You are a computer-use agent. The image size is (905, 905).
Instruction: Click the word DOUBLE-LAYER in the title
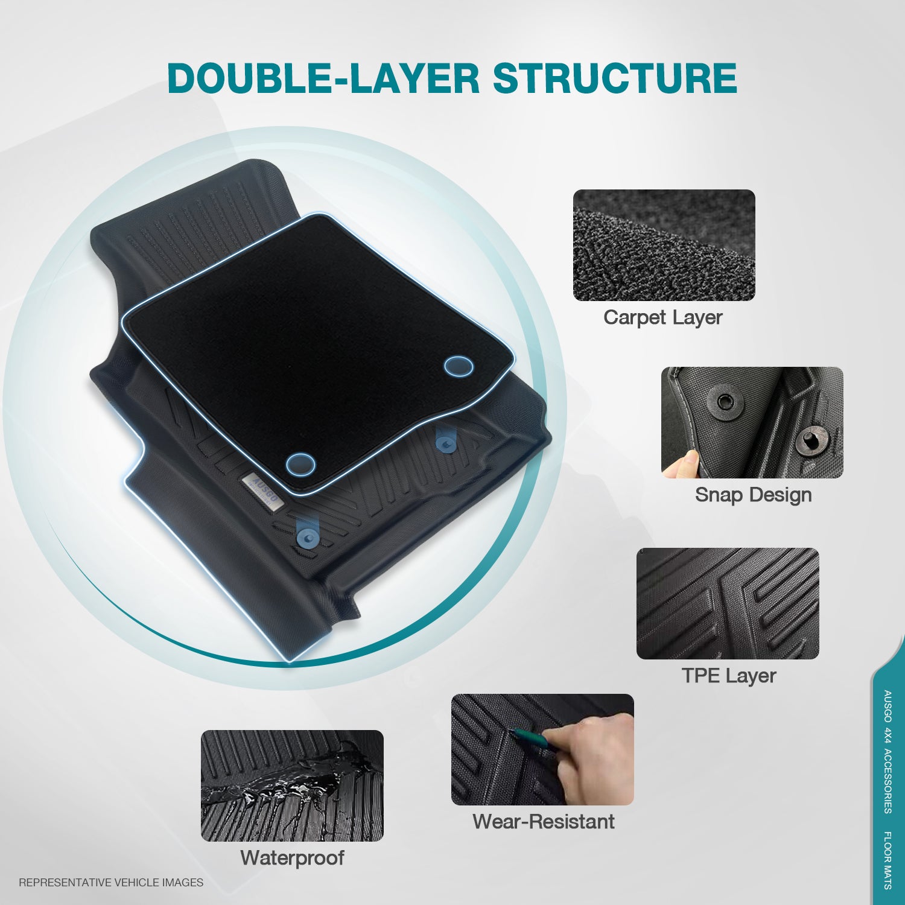(x=323, y=78)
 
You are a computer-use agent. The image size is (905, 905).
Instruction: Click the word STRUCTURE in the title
(x=615, y=78)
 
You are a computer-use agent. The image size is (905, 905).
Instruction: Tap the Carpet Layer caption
(x=662, y=317)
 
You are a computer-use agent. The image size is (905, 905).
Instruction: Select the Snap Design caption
(x=753, y=495)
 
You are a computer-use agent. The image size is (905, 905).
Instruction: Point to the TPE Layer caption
(x=728, y=676)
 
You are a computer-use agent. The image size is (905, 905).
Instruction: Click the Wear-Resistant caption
(x=543, y=822)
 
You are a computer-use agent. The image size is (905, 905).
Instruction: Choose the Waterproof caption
(x=292, y=858)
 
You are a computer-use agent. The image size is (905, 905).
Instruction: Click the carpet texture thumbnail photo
(x=664, y=245)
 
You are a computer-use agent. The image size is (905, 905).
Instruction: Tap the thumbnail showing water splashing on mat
(x=292, y=786)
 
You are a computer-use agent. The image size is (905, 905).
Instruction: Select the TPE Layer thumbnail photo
(x=728, y=603)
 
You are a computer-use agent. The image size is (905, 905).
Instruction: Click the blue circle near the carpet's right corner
(x=459, y=366)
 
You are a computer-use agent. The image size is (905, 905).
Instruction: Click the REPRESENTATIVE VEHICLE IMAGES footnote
(x=111, y=883)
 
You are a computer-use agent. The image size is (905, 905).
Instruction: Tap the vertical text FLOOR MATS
(x=888, y=860)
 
